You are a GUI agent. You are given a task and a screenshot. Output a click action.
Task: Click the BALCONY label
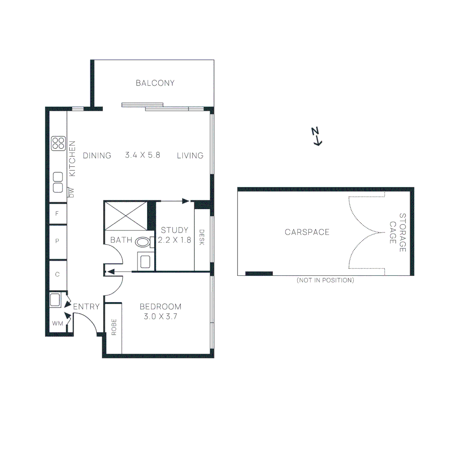point(155,83)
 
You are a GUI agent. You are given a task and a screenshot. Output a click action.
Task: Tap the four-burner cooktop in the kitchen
point(58,143)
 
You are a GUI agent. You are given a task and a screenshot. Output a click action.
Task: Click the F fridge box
point(57,214)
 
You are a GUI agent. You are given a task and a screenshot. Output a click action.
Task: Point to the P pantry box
point(57,241)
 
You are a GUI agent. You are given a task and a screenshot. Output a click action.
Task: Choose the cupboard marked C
point(57,274)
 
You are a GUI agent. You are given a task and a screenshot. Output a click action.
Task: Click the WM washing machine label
point(57,323)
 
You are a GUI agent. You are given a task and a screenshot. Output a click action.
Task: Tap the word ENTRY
point(86,307)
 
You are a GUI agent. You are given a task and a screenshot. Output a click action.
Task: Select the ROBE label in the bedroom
point(114,327)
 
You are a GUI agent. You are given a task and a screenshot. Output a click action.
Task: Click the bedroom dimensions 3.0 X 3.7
point(160,316)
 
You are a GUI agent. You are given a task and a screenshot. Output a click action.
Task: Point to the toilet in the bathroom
point(144,242)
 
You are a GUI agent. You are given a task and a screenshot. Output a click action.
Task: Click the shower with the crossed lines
point(125,215)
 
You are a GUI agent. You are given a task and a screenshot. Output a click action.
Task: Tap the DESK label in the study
point(202,237)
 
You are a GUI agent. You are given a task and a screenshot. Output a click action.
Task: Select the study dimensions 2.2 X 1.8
point(174,240)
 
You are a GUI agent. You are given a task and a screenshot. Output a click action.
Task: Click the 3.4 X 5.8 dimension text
point(142,155)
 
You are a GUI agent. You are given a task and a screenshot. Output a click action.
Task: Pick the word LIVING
point(190,155)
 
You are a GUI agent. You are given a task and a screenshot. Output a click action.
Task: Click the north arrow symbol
point(317,137)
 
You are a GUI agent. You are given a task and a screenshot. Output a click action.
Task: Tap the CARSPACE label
point(307,232)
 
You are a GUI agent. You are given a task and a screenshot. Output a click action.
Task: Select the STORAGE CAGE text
point(397,232)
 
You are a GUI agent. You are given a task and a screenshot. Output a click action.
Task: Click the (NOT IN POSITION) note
point(325,280)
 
